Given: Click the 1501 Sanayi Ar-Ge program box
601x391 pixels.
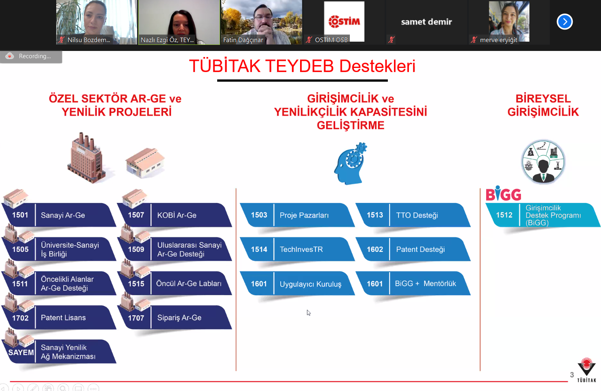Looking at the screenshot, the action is [x=59, y=215].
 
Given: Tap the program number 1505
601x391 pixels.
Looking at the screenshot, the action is [x=20, y=249].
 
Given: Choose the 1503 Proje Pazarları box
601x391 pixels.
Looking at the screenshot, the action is [x=297, y=215].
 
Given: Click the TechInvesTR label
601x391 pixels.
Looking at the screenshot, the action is [x=301, y=249].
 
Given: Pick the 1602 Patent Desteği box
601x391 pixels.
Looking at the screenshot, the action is [x=413, y=249].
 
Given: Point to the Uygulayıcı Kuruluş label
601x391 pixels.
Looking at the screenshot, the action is [x=311, y=284].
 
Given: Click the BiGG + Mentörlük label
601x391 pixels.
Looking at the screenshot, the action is [x=425, y=283].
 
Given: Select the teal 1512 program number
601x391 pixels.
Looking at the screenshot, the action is [x=504, y=215].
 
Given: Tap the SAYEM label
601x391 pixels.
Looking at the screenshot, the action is [x=21, y=352].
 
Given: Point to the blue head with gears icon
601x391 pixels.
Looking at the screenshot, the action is [x=351, y=164].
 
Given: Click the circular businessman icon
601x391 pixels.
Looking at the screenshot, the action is [x=543, y=162].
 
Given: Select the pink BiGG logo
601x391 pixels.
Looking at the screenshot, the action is [x=504, y=193].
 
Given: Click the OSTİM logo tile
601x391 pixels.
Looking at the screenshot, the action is [x=344, y=21].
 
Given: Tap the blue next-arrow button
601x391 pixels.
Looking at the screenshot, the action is [x=565, y=22].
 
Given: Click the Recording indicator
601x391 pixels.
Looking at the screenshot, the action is [x=31, y=56].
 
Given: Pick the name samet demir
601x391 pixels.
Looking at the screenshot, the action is [x=426, y=22].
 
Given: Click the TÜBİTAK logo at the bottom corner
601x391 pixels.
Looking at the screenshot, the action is [x=586, y=370].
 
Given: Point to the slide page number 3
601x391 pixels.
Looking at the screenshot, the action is [x=572, y=375].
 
